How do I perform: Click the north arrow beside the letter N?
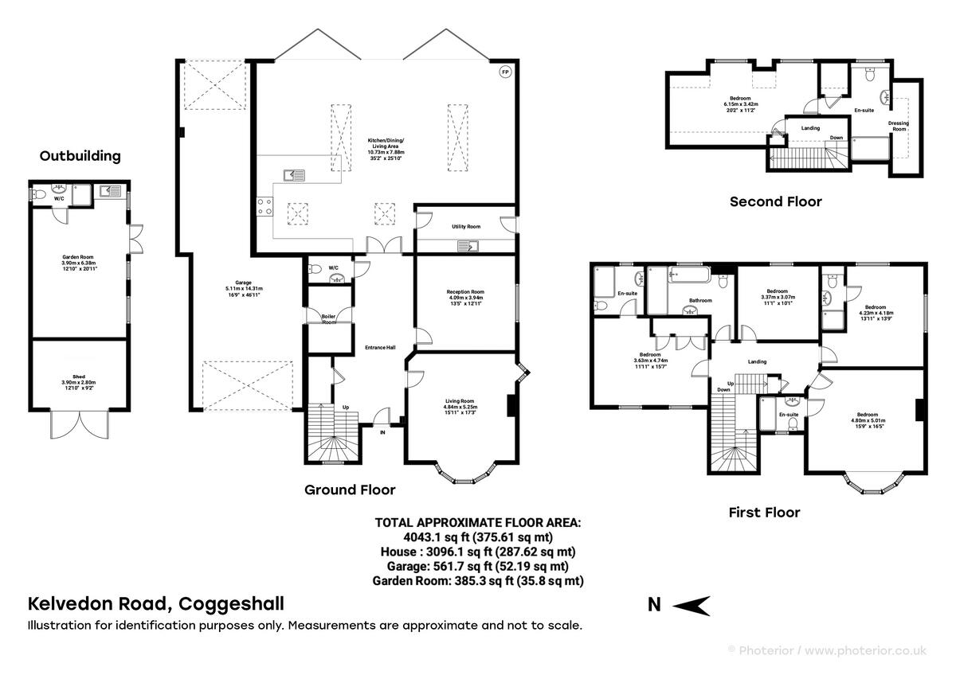[691, 606]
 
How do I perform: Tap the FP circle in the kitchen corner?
[504, 72]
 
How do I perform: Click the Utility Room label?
[466, 227]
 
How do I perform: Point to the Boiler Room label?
[329, 319]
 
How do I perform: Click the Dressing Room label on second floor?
[897, 126]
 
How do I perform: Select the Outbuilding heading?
[80, 156]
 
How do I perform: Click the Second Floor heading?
[775, 201]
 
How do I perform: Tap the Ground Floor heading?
[350, 490]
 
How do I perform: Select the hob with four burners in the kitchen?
[264, 206]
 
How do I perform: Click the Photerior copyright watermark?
[829, 650]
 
